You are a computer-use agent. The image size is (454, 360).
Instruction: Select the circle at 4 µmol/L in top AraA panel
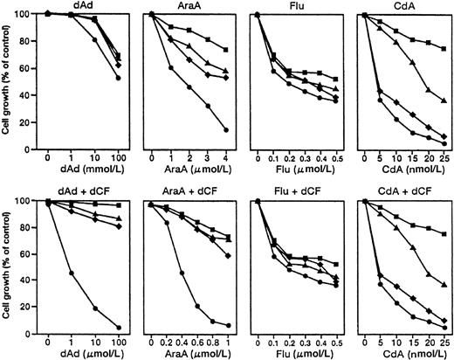coord(226,130)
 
